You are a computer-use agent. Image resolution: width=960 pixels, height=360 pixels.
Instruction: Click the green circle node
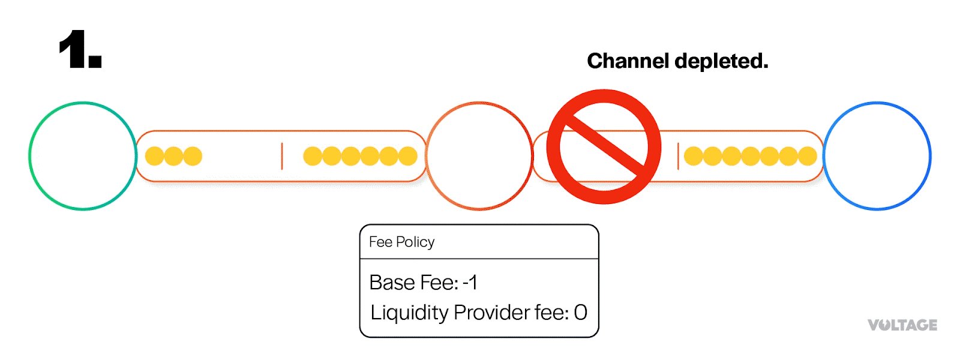click(83, 156)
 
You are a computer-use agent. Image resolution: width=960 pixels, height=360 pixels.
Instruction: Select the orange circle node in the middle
click(479, 156)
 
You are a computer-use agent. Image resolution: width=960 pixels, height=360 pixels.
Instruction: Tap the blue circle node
click(877, 156)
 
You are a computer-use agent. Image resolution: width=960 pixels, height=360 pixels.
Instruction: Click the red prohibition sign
click(604, 147)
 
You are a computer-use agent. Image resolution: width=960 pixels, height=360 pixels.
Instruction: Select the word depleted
click(721, 61)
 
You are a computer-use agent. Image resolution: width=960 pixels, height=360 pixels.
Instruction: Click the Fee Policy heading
click(401, 242)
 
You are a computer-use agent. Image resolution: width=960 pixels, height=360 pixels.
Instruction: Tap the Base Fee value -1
click(470, 282)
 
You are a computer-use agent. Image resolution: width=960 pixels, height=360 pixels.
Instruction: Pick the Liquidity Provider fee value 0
click(580, 313)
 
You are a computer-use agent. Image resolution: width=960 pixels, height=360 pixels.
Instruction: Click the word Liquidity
click(409, 313)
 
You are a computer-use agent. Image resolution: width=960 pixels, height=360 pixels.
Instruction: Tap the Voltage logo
click(902, 325)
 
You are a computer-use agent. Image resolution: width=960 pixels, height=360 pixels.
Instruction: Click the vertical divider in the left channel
click(281, 156)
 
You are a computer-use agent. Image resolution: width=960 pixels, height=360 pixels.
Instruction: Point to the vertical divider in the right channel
click(678, 156)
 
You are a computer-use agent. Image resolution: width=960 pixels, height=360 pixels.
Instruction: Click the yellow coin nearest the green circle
click(154, 156)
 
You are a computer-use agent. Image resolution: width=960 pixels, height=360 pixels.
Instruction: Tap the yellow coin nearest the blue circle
click(807, 156)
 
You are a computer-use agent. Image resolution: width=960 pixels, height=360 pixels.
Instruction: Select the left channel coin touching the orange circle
click(408, 156)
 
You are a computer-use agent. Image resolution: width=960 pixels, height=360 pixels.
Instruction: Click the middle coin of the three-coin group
click(173, 156)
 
